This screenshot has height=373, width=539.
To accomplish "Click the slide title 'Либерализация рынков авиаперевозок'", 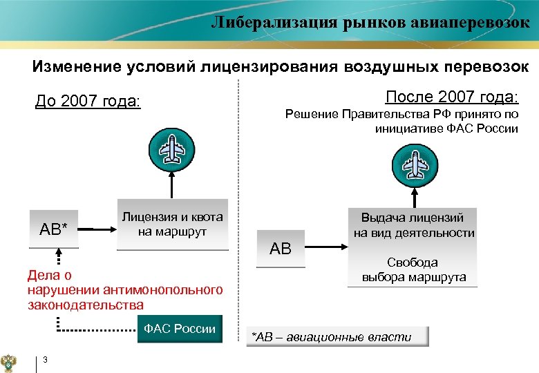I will [x=370, y=22].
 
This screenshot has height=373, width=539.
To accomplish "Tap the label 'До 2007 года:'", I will [x=88, y=102].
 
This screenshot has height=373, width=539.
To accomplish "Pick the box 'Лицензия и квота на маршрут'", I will [x=172, y=224].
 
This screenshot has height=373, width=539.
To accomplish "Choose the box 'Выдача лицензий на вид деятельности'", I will [x=414, y=224].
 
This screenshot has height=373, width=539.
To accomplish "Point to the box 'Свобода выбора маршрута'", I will [x=414, y=270].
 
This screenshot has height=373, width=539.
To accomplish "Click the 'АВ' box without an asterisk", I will [x=281, y=248].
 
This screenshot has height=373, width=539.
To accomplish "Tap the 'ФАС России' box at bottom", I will [x=180, y=329].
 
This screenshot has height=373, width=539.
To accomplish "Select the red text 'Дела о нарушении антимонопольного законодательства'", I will [x=124, y=289].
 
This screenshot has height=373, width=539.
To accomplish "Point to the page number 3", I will [x=44, y=358].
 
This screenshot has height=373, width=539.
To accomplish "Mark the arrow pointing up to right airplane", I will [x=413, y=195].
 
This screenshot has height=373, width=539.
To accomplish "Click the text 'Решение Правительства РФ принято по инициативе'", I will [x=401, y=121].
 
